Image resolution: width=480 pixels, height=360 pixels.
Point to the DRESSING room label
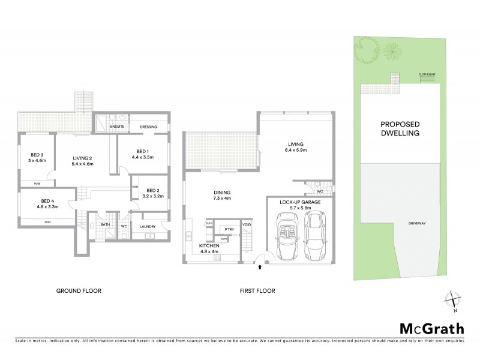click(x=148, y=127)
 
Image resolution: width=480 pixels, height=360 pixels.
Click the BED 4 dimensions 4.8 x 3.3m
click(x=48, y=207)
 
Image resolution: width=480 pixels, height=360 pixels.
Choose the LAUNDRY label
click(x=148, y=226)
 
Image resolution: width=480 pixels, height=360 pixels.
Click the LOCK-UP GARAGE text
click(x=299, y=203)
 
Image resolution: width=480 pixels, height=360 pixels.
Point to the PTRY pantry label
click(x=229, y=229)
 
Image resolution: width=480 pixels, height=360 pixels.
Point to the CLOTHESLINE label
click(x=427, y=75)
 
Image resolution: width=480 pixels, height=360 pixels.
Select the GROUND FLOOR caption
click(x=79, y=290)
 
